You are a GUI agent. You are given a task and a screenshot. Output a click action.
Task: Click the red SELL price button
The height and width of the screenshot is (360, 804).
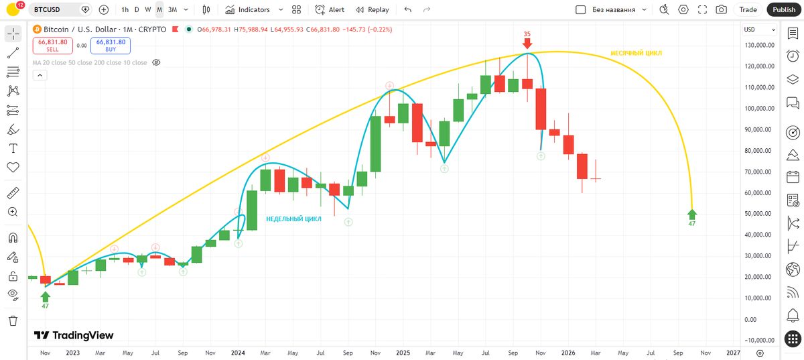point(53,46)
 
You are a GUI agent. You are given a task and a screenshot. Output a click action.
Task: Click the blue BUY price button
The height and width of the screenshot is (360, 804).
point(111,46)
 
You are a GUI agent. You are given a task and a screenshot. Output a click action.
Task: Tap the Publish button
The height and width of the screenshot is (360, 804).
point(784,9)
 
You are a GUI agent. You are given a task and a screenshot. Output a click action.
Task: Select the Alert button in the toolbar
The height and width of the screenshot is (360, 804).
point(330,9)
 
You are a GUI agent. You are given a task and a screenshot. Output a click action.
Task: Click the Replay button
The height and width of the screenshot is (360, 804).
point(373,9)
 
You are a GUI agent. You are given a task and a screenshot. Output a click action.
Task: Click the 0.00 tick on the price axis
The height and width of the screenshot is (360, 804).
point(750,319)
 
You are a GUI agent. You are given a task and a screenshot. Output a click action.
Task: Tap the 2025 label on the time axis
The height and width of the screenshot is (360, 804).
point(403,353)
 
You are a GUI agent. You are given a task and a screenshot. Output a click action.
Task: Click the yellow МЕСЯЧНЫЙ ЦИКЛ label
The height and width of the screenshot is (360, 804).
point(636,53)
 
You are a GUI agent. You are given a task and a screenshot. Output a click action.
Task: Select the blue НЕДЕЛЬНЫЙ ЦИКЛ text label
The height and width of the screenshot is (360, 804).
point(293,219)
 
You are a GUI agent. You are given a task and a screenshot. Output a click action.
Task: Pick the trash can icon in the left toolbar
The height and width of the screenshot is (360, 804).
point(13,320)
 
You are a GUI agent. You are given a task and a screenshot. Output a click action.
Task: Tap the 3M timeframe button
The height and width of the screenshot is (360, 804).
point(173,9)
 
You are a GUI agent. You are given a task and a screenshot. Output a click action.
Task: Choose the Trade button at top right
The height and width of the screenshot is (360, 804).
point(748,9)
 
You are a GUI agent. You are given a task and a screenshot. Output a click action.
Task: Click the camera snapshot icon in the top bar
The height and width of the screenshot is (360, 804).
point(721,9)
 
